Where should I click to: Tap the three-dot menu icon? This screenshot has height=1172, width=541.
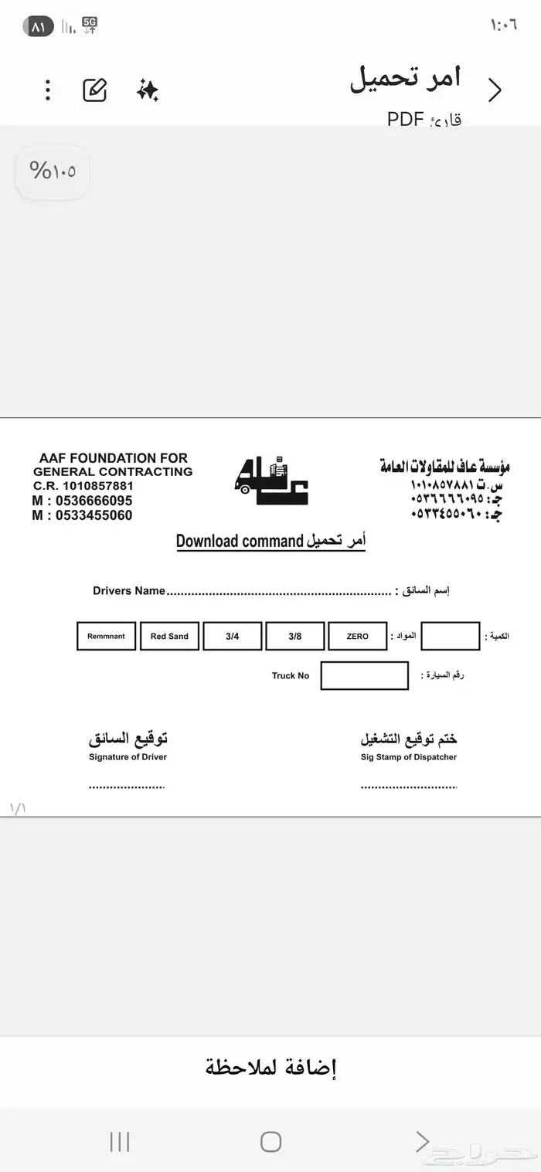coord(48,90)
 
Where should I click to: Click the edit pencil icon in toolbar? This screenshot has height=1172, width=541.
coord(94,90)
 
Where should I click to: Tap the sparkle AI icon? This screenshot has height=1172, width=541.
coord(147,90)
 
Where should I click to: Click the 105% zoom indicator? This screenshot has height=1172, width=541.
coord(53,171)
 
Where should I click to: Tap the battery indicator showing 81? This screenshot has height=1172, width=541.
coord(39,26)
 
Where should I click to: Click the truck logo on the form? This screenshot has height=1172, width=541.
coord(270,481)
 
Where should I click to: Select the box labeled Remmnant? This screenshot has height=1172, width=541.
coord(107,637)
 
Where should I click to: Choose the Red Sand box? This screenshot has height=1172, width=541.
coord(169,637)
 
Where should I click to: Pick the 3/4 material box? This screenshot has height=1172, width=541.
coord(233,637)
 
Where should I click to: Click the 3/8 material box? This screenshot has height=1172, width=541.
coord(295,637)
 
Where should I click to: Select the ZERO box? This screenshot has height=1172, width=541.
coord(358,637)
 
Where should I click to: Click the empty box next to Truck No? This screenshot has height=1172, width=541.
coord(364,676)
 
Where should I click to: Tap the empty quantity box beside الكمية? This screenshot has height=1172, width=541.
coord(451,637)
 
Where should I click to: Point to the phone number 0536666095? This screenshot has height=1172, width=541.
coord(82,501)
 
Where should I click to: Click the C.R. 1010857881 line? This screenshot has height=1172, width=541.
coord(83,486)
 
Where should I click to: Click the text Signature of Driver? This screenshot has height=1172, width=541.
coord(128,757)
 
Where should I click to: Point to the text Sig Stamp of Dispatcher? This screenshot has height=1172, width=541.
coord(408,757)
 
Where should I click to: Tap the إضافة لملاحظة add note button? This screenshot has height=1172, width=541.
coord(270,1068)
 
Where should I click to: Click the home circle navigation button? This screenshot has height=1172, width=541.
coord(270,1141)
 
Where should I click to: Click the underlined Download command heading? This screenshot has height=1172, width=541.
coord(270,541)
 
